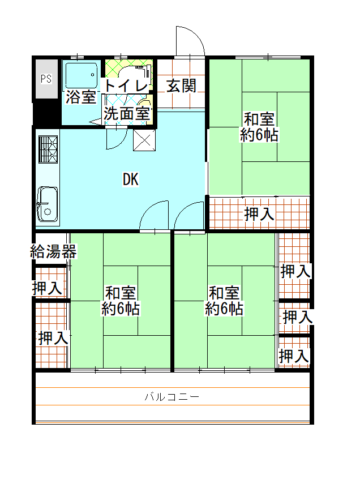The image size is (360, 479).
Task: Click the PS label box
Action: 46,79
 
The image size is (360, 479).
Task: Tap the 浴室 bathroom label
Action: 80,97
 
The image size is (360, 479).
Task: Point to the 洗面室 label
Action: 127,113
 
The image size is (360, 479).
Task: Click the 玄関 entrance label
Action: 181,86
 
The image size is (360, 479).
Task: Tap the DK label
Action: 130,180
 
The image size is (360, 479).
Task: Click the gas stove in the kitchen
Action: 48,149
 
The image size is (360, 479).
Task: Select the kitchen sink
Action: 48,204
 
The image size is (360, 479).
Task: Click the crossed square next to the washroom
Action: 144,140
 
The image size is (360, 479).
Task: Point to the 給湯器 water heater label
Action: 53,251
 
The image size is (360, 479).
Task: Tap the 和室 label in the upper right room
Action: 259,120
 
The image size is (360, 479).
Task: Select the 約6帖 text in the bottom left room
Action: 121,309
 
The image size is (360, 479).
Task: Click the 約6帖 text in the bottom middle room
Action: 224,309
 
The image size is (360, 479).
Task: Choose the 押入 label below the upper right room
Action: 259,214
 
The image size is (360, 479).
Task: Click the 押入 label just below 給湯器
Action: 47,288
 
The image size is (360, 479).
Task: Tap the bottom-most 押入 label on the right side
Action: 294,357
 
